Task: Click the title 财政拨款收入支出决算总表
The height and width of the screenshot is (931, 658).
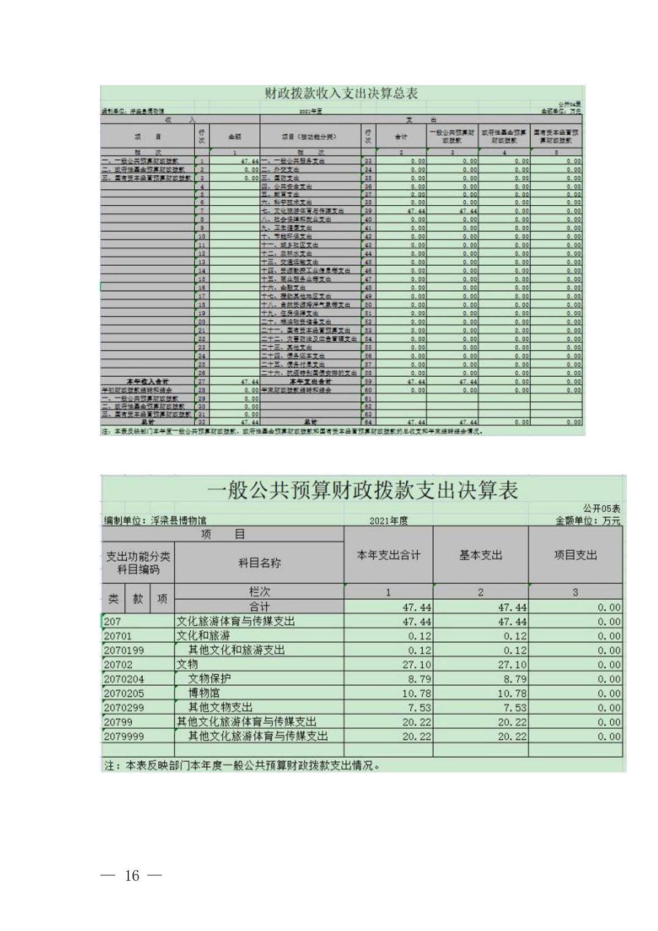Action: tap(341, 94)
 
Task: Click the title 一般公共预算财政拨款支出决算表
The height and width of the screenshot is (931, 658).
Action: tap(363, 490)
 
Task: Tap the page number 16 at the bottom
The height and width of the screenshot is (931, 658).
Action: tap(132, 875)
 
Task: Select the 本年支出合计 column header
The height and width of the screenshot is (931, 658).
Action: tap(388, 556)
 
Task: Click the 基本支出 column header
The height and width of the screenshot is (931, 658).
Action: tap(480, 556)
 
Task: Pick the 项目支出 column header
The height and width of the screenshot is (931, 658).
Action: tap(575, 556)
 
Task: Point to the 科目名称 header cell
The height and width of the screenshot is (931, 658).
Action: tap(259, 563)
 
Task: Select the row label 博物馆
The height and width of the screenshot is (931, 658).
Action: tap(204, 693)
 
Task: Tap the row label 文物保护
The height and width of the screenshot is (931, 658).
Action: tap(210, 679)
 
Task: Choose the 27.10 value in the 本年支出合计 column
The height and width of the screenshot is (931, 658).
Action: tap(417, 665)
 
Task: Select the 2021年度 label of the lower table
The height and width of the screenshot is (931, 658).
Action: tap(388, 521)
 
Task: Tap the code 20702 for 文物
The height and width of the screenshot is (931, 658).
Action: tap(118, 665)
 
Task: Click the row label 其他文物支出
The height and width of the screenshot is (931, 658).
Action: tap(221, 707)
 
